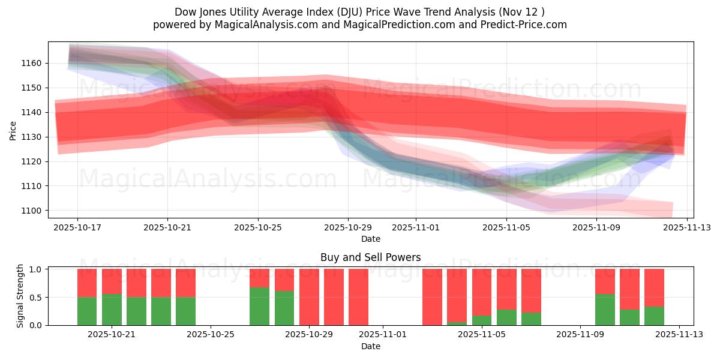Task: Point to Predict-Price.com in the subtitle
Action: (x=521, y=25)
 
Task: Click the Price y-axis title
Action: (x=13, y=130)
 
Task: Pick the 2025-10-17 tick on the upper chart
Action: (x=77, y=227)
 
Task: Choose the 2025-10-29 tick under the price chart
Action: (x=348, y=227)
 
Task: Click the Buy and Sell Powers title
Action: (x=370, y=257)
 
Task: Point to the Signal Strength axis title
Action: (x=20, y=296)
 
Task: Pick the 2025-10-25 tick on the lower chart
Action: (x=211, y=334)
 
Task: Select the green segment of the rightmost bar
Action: (x=654, y=316)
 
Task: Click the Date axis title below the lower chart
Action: (x=370, y=346)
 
